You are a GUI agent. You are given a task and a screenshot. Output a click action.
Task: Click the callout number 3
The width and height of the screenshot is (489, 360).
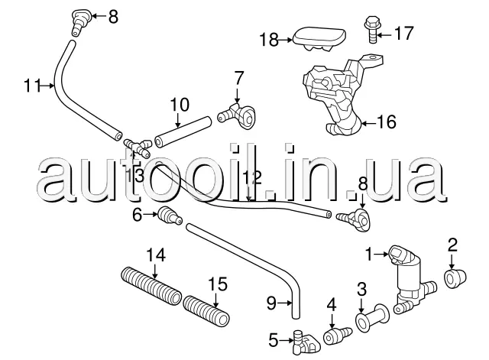(361, 289)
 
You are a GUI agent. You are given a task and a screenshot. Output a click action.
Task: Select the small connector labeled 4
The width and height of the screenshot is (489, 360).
(335, 336)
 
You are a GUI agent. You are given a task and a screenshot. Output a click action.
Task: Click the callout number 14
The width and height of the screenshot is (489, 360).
(156, 255)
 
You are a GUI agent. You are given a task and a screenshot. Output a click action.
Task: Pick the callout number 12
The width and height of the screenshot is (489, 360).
(252, 177)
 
